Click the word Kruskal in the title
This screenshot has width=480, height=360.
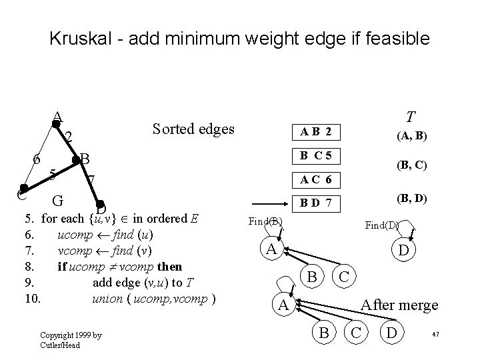tap(82, 39)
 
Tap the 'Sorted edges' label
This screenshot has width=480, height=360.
tap(193, 128)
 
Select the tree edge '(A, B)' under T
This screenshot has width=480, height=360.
tap(412, 136)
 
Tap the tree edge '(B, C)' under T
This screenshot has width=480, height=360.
tap(412, 165)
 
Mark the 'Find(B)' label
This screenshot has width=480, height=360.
tap(265, 221)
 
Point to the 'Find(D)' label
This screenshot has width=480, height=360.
tap(381, 225)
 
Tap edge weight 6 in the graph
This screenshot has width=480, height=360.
tap(37, 160)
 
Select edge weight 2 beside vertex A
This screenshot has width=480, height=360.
tap(69, 137)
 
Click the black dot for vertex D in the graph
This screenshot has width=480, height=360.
tap(99, 205)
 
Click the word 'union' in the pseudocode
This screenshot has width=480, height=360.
tap(107, 298)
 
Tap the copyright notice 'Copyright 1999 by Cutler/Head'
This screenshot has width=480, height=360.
tap(70, 340)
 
